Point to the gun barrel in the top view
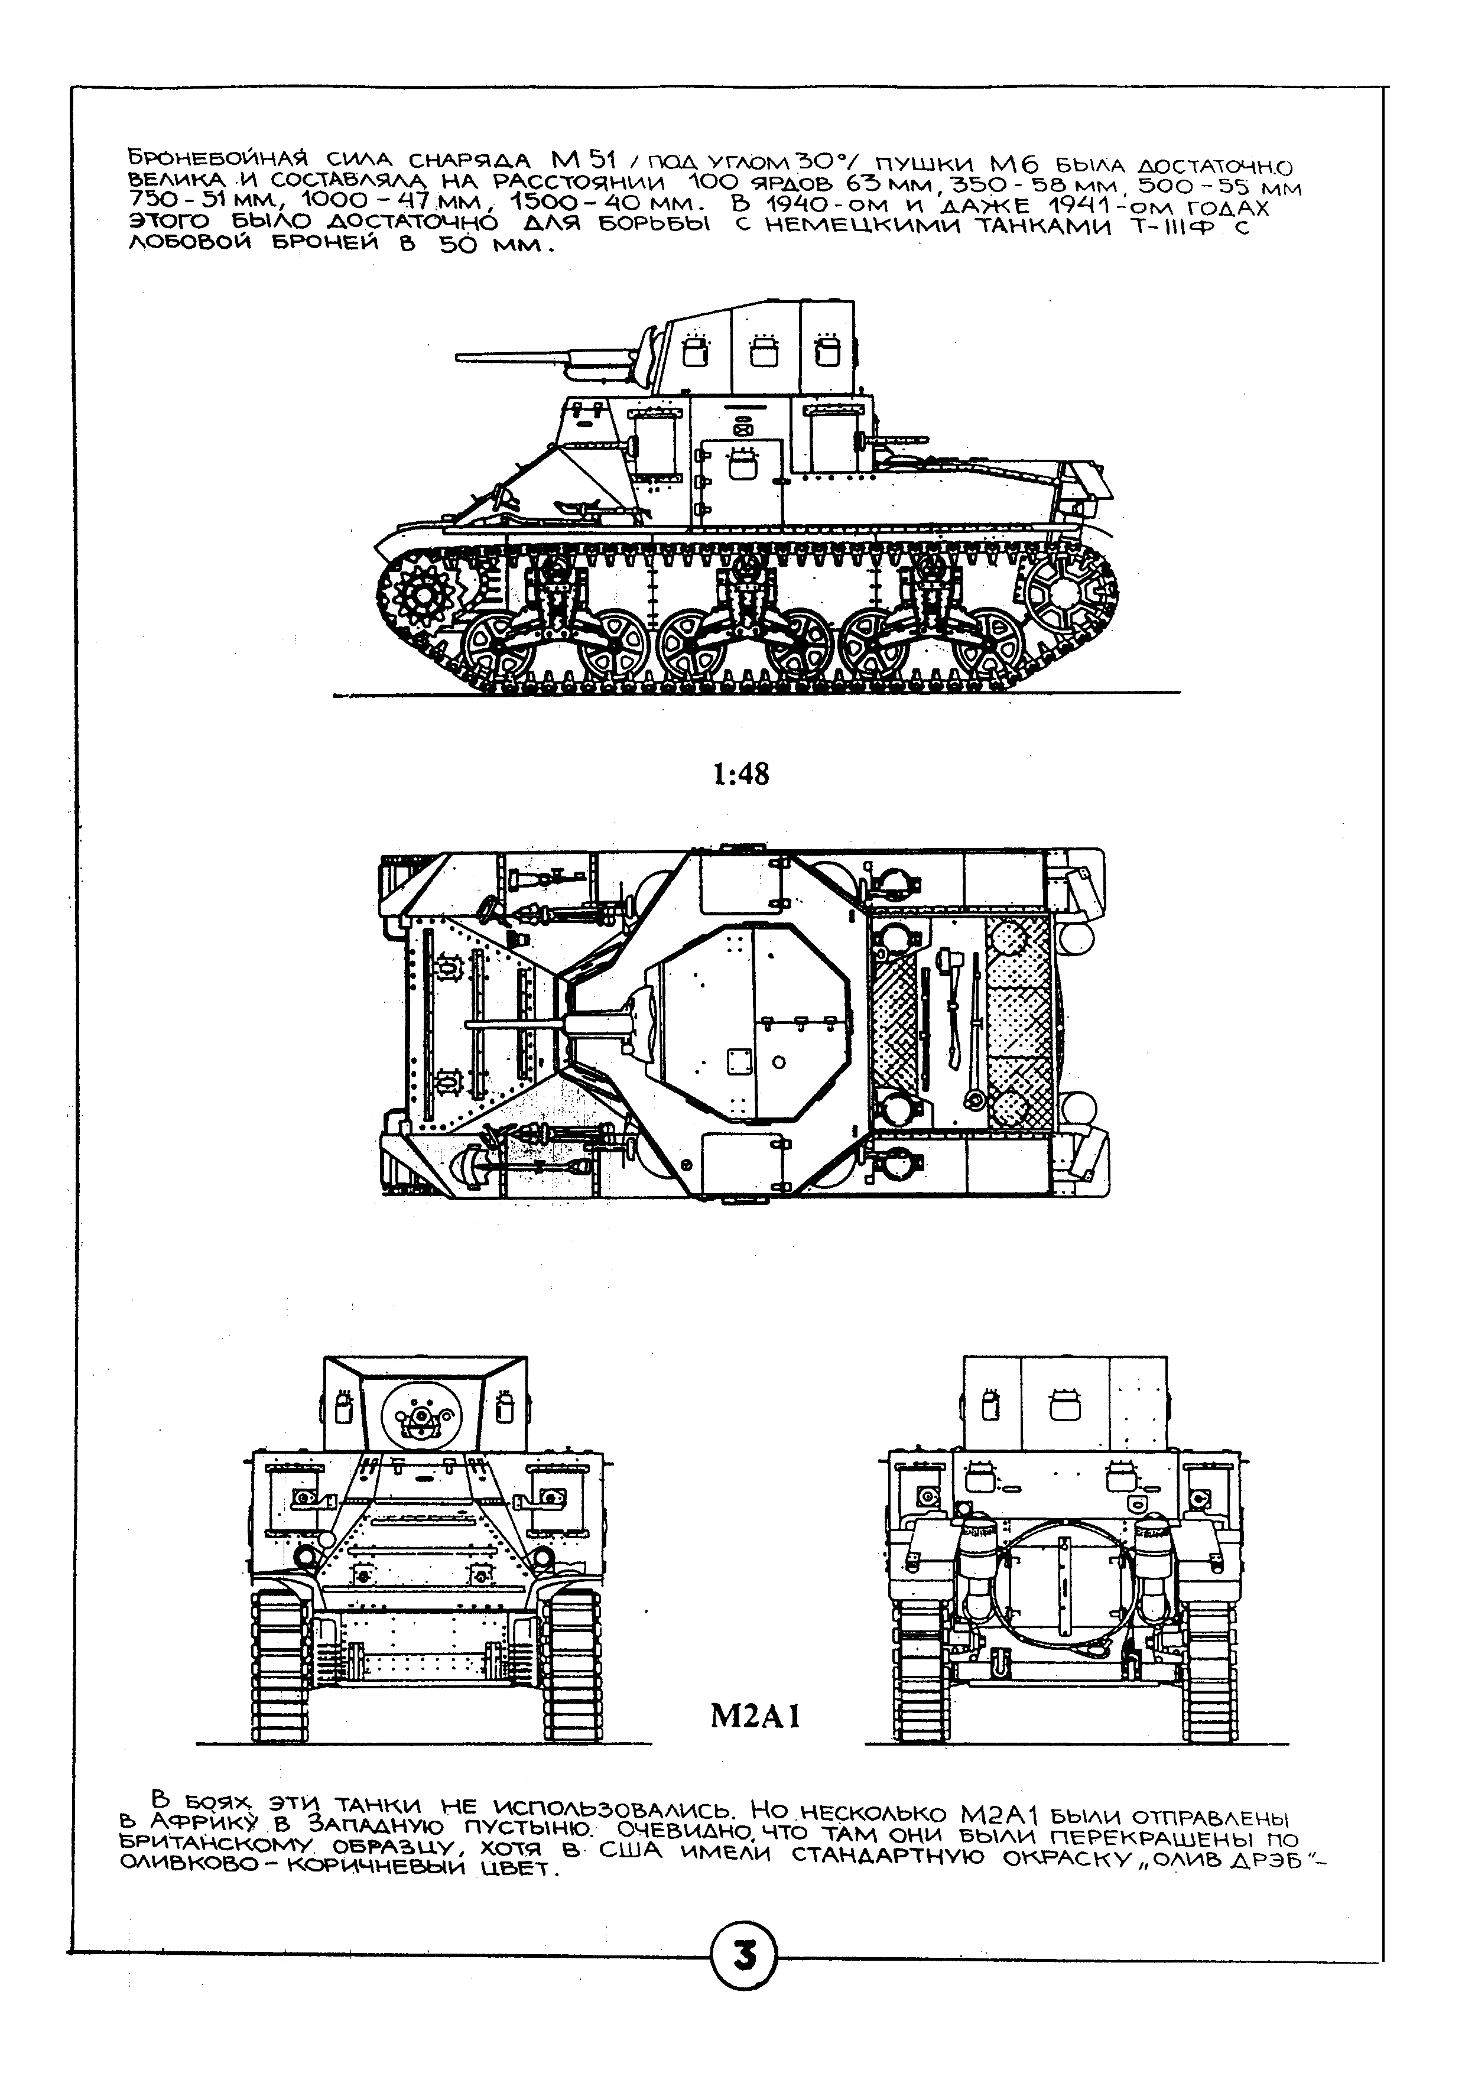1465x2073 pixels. (x=515, y=1024)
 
